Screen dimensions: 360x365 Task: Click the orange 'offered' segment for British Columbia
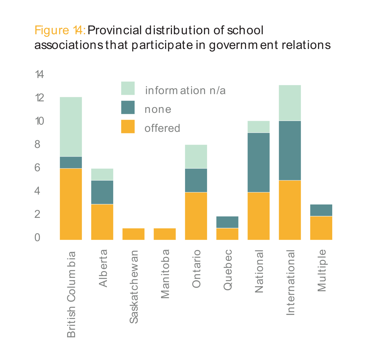(x=71, y=204)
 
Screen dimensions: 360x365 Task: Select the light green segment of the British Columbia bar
(x=71, y=127)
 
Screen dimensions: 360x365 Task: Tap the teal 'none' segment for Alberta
(x=102, y=192)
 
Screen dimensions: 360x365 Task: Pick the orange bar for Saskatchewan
(x=133, y=234)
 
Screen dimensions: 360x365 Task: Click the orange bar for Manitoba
(x=165, y=234)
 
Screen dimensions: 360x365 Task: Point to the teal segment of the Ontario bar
(x=196, y=180)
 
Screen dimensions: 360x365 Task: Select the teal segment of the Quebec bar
(x=227, y=222)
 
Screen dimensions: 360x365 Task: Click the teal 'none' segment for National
(x=259, y=162)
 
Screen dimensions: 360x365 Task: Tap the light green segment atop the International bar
(x=290, y=103)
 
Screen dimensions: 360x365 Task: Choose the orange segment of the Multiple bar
(x=321, y=228)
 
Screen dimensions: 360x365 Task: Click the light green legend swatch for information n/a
(x=128, y=88)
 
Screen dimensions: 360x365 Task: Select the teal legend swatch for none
(x=128, y=107)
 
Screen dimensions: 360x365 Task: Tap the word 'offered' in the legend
(x=162, y=128)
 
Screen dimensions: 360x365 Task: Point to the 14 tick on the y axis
(x=39, y=75)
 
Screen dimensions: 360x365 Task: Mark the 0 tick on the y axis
(x=37, y=238)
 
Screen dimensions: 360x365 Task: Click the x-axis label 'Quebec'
(x=228, y=270)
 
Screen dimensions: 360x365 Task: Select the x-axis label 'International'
(x=290, y=282)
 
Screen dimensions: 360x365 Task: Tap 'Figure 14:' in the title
(x=60, y=30)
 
